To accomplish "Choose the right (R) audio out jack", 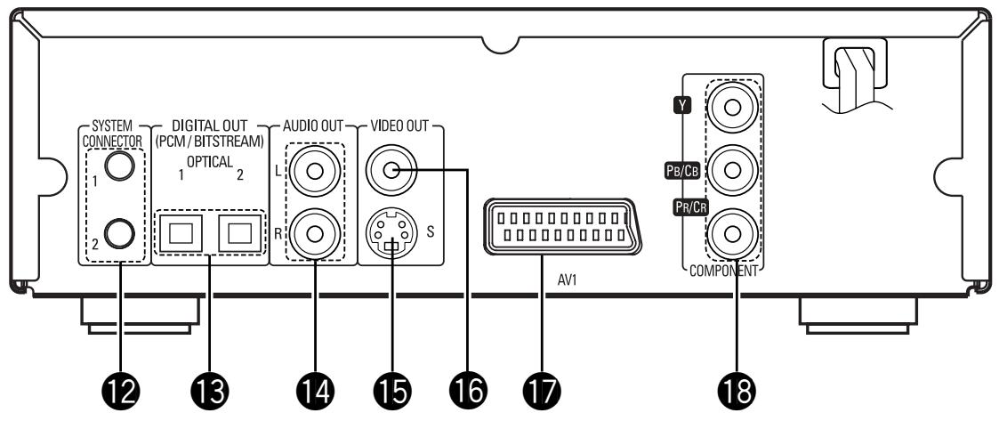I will click(x=316, y=234).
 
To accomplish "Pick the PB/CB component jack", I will click(x=732, y=172).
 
